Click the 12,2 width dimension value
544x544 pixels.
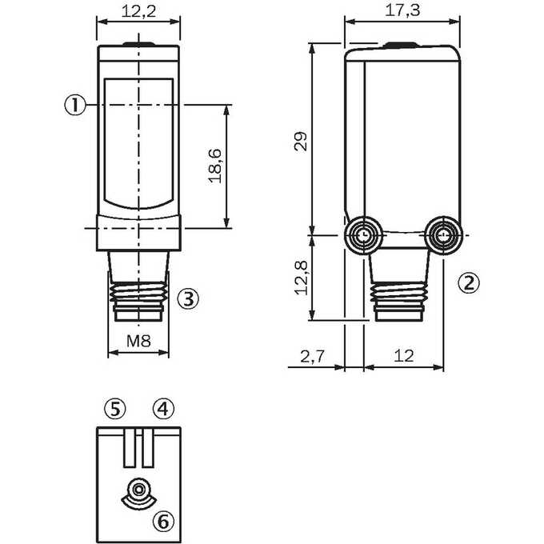tap(138, 11)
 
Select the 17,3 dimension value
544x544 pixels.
tap(402, 10)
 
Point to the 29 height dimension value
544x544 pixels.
tap(301, 142)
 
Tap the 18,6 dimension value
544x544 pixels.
tap(215, 166)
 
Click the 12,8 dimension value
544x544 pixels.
tap(301, 278)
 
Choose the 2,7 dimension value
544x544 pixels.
tap(312, 356)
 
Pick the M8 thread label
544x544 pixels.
tap(138, 341)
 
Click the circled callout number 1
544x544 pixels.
tap(75, 105)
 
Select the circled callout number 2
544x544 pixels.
tap(469, 282)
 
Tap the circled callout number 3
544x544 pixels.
tap(188, 298)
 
